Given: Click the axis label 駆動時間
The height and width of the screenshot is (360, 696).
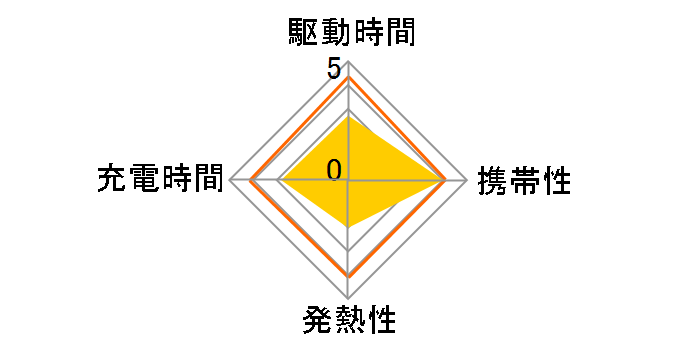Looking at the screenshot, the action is tap(348, 34).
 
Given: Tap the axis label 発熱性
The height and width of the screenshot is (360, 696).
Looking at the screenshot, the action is tap(348, 322).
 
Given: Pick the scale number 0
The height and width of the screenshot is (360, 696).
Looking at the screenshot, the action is tap(334, 170).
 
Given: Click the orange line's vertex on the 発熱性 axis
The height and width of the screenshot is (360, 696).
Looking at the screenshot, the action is tap(348, 275).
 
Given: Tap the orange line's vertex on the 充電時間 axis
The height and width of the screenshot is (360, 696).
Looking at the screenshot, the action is tap(251, 181).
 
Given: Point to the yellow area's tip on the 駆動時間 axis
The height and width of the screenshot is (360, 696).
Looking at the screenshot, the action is tap(348, 114).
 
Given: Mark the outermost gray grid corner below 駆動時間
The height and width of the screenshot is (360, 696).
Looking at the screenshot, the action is tap(348, 62).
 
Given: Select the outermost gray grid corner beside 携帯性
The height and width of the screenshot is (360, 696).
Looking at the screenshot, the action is tap(467, 181).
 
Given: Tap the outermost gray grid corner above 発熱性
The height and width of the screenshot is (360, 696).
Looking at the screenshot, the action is tap(348, 299).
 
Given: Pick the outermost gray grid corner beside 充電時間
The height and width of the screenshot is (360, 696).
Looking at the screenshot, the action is tap(230, 181).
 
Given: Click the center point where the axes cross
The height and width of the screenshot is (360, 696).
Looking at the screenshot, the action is tap(348, 181).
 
